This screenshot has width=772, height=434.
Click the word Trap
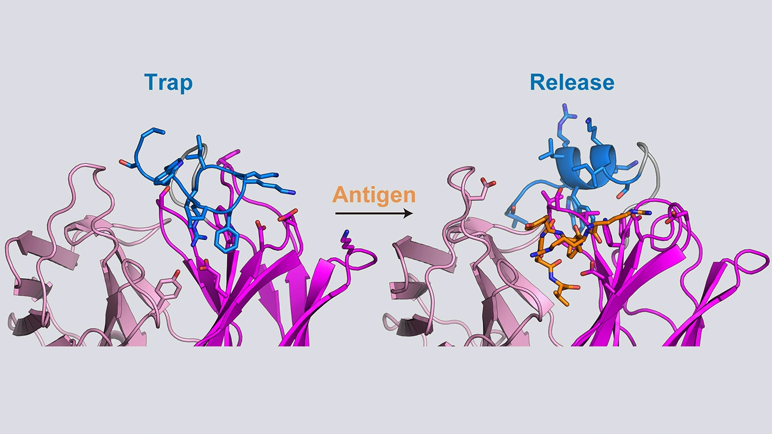168,83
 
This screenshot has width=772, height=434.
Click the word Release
572,83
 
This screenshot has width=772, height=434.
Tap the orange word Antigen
374,195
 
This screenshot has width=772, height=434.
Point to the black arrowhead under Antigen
409,214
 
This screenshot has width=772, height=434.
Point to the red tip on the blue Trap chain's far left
122,162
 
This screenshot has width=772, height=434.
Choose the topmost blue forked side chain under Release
566,114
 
